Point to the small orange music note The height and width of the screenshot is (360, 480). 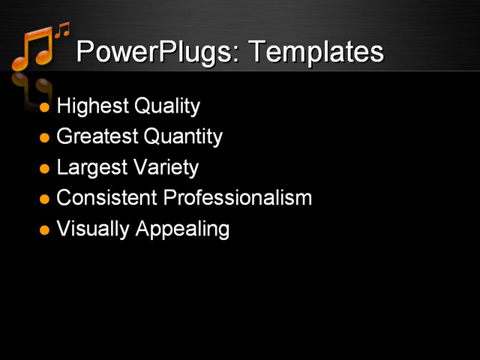tap(61, 30)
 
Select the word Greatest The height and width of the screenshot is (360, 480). tap(97, 136)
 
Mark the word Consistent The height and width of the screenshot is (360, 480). tap(106, 198)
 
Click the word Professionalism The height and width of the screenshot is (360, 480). tap(237, 198)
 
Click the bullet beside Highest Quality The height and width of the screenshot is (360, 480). tap(44, 107)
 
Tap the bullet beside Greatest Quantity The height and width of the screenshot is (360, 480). tap(44, 138)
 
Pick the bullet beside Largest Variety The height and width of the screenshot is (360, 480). tap(44, 168)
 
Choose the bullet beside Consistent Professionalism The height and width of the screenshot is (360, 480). tap(44, 199)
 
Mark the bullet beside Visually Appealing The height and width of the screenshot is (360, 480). tap(44, 229)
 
